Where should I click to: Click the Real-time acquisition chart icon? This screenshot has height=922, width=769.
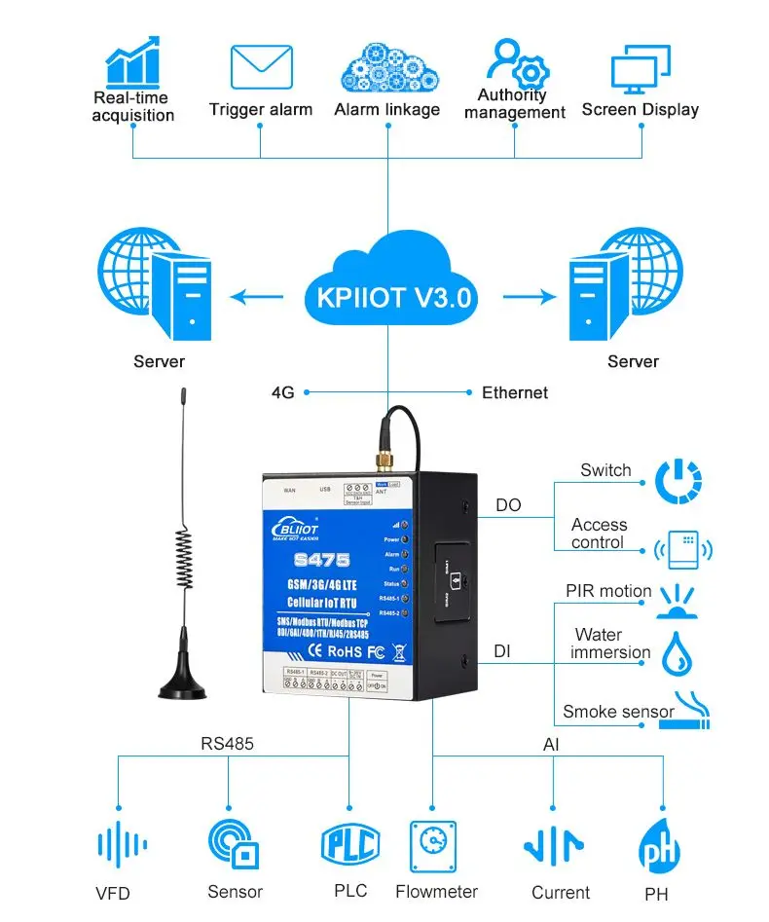click(132, 60)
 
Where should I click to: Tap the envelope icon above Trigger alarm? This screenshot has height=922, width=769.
click(261, 67)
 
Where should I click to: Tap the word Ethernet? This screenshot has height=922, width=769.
click(515, 392)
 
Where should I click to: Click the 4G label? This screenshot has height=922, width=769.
click(282, 392)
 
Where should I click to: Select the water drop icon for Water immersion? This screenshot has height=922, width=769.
click(677, 653)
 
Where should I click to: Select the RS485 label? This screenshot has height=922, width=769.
click(227, 744)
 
